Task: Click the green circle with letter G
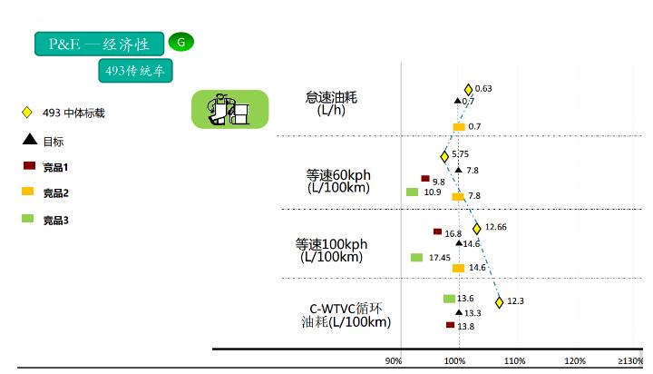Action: [181, 42]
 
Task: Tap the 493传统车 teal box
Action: [135, 71]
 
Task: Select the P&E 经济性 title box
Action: [99, 44]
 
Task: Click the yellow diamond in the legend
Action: [27, 113]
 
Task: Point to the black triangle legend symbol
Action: [30, 139]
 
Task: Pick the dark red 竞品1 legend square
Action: [29, 165]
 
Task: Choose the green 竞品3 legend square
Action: [28, 218]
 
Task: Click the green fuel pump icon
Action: [229, 109]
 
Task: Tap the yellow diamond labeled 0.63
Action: [468, 90]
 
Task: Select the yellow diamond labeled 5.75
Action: [444, 157]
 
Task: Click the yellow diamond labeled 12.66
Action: [477, 229]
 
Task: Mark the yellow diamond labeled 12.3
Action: [500, 302]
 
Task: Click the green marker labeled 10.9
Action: [413, 192]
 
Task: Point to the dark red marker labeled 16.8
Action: [437, 231]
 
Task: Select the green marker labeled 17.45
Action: [416, 257]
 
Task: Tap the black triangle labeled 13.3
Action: [459, 312]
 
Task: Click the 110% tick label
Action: [515, 361]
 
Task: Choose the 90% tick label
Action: [394, 361]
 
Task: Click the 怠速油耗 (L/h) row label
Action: [332, 103]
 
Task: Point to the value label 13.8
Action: [465, 327]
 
